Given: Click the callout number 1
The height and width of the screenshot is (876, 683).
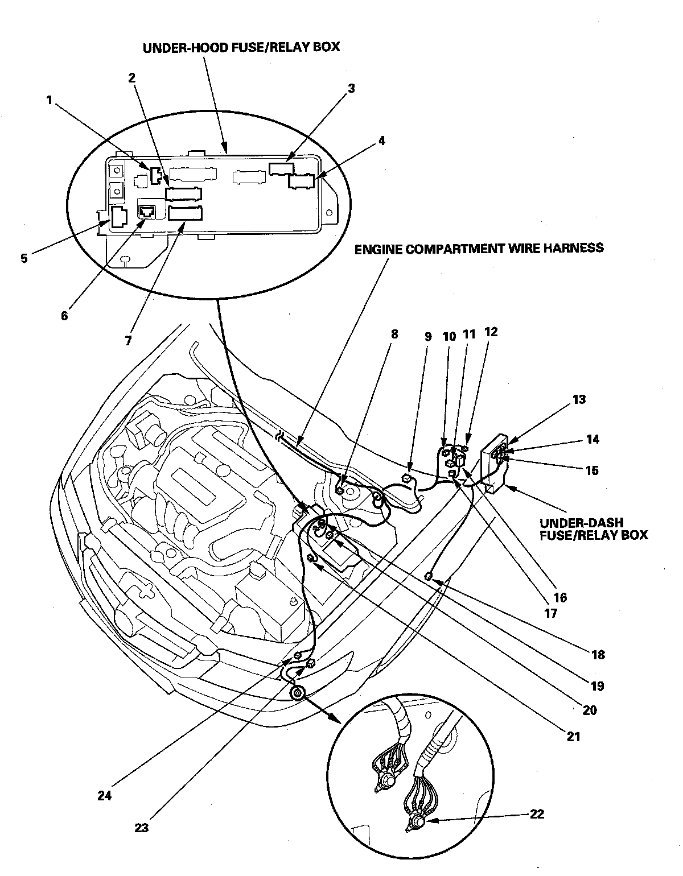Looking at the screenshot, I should click(x=50, y=100).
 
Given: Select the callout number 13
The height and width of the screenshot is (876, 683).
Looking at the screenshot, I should click(x=579, y=400).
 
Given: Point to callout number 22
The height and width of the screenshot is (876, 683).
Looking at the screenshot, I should click(x=536, y=814).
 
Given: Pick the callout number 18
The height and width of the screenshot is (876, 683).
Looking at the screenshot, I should click(x=598, y=655).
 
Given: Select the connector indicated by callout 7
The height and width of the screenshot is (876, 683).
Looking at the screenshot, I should click(x=185, y=213).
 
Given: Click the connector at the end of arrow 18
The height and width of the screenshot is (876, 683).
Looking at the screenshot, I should click(x=430, y=578).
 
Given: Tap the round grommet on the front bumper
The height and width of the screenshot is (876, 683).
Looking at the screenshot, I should click(x=297, y=693).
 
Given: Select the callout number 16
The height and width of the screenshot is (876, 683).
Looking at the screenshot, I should click(x=561, y=597).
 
